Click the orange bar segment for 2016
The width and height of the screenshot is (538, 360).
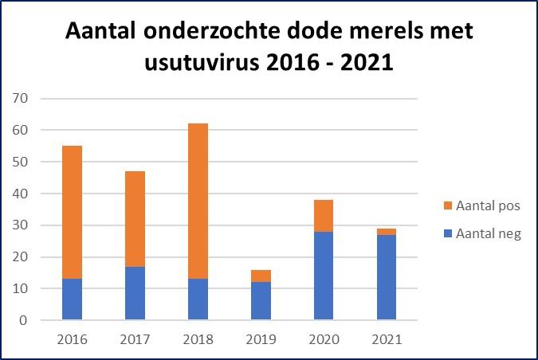tap(72, 213)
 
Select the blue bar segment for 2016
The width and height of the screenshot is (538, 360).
tap(72, 299)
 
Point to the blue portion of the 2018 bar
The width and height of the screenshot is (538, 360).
tap(198, 299)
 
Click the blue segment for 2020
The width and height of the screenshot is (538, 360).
tap(324, 276)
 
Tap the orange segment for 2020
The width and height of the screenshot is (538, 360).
tap(324, 216)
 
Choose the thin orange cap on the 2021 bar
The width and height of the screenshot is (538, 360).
tap(387, 232)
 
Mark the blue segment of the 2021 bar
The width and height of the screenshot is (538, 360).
tap(387, 278)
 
